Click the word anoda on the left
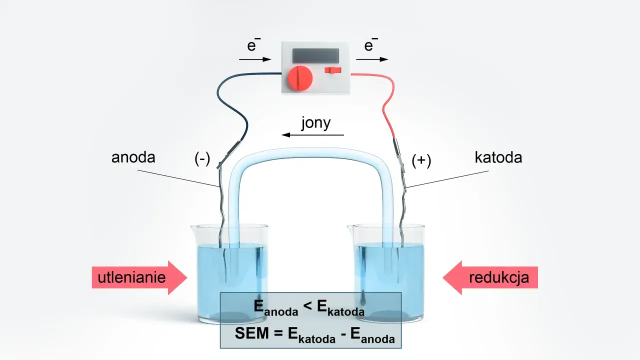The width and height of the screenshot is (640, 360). (x=133, y=157)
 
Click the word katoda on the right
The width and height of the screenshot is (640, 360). (x=498, y=157)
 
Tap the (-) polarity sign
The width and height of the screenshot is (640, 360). (x=202, y=158)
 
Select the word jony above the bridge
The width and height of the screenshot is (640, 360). (x=316, y=123)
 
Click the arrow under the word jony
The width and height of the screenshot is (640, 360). (x=312, y=135)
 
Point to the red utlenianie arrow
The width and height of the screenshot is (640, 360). (x=139, y=277)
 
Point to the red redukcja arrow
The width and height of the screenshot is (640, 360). (x=490, y=277)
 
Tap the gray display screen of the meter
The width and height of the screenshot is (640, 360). (x=315, y=55)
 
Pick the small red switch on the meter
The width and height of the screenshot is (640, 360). (x=333, y=70)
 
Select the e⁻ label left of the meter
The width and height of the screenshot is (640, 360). (x=253, y=45)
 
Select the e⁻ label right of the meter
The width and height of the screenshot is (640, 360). (x=370, y=45)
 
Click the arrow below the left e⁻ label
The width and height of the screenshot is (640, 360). (x=255, y=59)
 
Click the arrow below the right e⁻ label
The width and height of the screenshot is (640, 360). (x=372, y=59)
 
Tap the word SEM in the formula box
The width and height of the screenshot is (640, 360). (x=251, y=333)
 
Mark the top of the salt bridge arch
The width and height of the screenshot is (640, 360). (x=311, y=152)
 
